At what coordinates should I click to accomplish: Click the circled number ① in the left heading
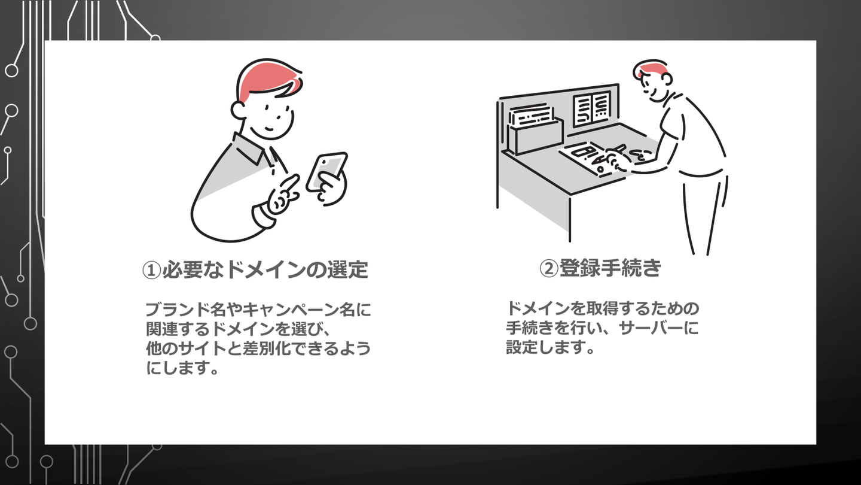click(151, 270)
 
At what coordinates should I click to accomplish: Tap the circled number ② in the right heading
click(549, 268)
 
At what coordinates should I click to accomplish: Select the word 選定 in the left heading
click(348, 269)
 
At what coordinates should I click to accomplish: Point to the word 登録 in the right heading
click(579, 268)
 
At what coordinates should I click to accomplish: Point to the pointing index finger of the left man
click(288, 187)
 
